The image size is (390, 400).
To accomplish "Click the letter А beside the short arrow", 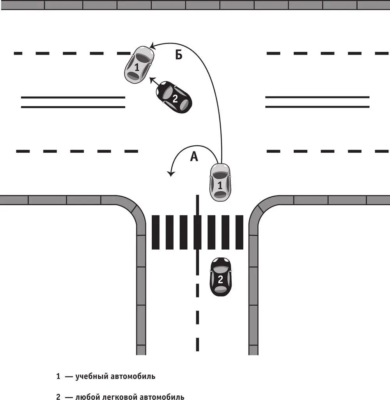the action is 194,157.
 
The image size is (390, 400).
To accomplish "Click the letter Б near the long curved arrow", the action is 179,55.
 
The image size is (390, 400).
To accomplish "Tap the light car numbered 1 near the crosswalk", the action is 220,182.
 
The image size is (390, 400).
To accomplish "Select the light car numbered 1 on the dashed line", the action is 139,65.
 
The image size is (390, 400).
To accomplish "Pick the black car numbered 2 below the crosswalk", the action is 221,277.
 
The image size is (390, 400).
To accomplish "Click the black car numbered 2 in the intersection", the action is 174,97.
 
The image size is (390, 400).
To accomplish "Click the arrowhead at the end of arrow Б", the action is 153,46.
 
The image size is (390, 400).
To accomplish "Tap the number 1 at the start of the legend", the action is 58,376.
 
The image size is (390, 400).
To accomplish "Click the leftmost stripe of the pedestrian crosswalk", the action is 156,232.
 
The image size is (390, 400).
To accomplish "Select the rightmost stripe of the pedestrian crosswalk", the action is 239,232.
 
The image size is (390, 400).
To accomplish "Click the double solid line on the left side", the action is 73,102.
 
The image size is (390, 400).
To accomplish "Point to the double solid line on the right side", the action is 317,102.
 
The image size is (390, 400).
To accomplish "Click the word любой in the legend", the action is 87,396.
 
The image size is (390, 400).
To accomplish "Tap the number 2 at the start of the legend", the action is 58,396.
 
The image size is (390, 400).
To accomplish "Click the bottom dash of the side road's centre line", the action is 197,344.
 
